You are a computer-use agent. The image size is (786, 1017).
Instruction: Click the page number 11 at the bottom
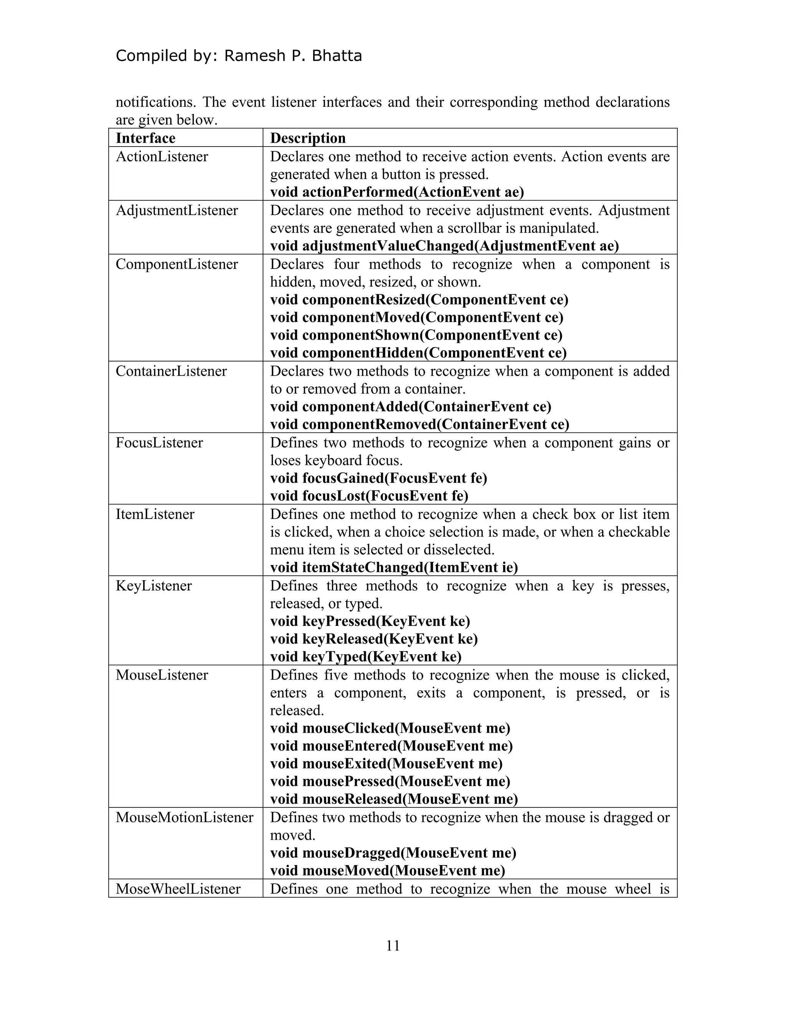click(393, 946)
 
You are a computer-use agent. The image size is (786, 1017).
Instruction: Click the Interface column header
click(145, 138)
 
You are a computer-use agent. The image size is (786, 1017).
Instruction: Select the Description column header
click(308, 138)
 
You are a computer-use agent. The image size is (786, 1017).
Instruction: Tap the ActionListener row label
click(162, 157)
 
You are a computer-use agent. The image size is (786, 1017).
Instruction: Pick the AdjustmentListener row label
click(177, 210)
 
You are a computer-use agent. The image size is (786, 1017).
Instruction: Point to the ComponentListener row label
click(177, 264)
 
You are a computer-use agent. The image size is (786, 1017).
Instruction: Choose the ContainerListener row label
click(171, 371)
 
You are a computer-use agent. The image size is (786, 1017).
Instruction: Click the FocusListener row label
click(159, 443)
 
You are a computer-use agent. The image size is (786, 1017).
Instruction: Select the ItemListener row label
click(155, 515)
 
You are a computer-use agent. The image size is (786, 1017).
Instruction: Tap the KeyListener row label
click(154, 586)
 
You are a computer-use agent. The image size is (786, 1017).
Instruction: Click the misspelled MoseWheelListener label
click(178, 889)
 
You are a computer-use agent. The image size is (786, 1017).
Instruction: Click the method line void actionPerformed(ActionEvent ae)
click(397, 192)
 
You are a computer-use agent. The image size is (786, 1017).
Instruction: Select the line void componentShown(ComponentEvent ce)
click(416, 335)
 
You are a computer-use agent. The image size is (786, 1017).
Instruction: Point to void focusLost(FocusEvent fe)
click(369, 496)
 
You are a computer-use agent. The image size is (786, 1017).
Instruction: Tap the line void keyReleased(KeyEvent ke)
click(374, 639)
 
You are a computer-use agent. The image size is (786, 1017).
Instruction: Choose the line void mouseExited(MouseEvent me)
click(386, 764)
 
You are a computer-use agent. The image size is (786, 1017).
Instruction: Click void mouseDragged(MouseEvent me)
click(393, 853)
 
